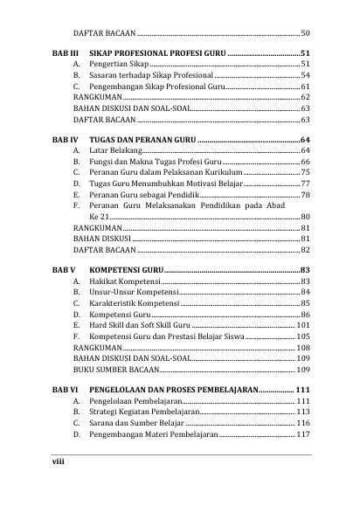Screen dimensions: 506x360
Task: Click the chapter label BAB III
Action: (62, 53)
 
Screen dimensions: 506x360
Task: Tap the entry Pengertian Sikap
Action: (121, 65)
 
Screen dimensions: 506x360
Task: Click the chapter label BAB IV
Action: (62, 140)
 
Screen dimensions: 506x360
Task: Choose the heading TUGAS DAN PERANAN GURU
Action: (143, 140)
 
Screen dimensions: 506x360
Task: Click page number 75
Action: (305, 173)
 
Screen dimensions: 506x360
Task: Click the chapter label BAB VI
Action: (62, 390)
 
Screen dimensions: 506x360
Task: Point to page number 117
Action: (303, 433)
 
